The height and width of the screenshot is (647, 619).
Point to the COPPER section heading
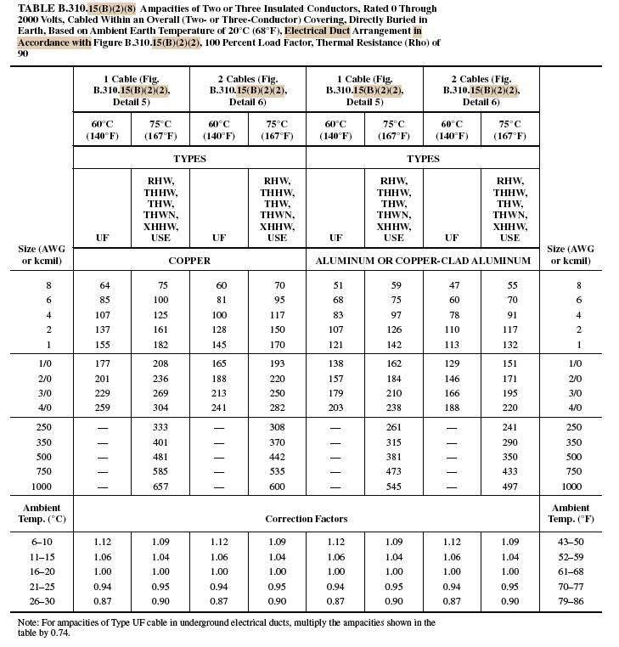point(189,261)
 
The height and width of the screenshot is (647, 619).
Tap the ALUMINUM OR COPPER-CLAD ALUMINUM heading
point(423,261)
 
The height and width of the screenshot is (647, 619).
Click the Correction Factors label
point(306,518)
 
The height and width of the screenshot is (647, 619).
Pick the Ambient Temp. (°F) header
point(570,514)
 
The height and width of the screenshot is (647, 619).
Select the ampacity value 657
point(161,487)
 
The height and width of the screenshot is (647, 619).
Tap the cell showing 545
point(394,487)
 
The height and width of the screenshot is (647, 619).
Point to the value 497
point(509,487)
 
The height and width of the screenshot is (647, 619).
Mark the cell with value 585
point(161,471)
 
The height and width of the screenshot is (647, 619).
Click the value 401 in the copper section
point(161,442)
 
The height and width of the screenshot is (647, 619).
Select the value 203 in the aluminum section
point(336,407)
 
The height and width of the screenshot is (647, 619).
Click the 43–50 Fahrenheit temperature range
point(570,542)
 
